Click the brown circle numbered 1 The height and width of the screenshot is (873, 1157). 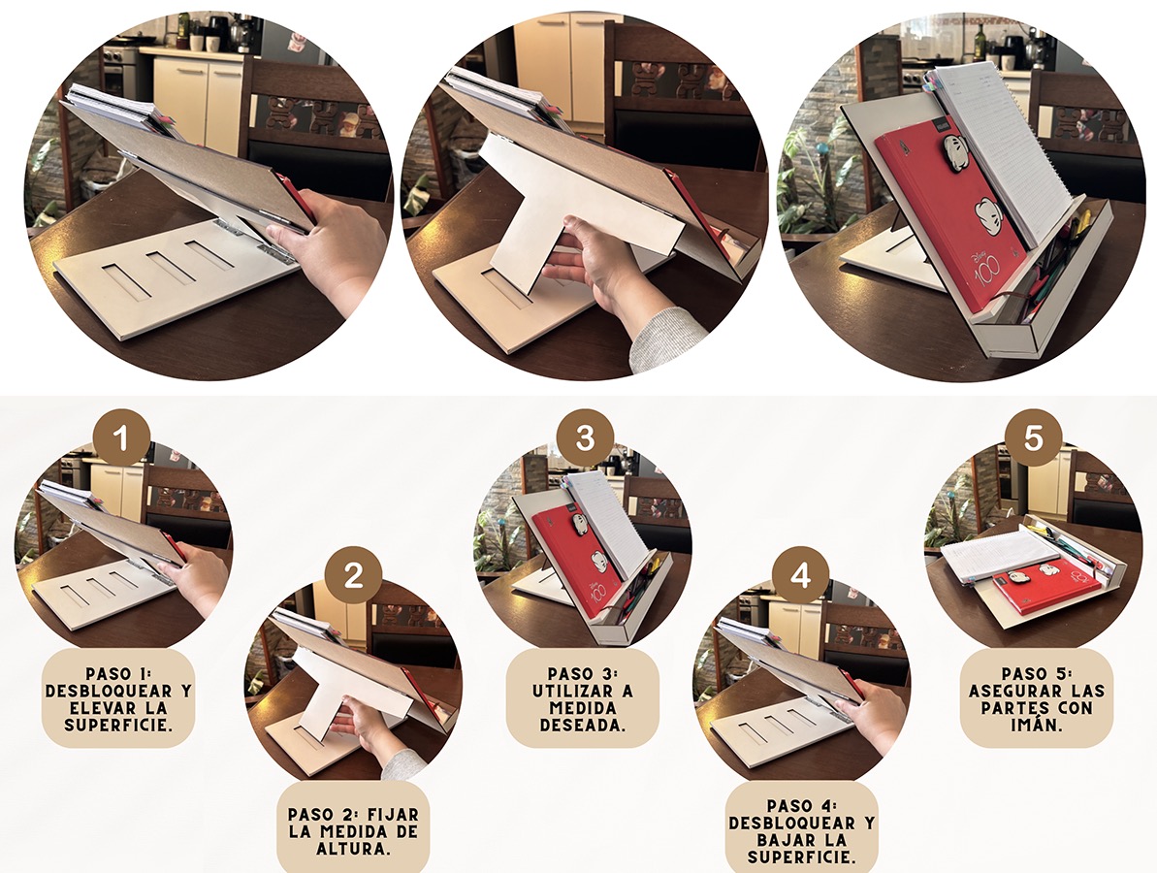[x=121, y=437]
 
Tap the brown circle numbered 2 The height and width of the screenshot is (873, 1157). [x=353, y=573]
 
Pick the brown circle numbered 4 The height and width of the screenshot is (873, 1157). [x=800, y=573]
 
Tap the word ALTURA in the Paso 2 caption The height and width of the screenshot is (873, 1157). [x=353, y=849]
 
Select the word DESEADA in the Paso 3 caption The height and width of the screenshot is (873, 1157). [x=582, y=725]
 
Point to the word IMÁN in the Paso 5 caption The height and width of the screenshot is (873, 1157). [x=1036, y=725]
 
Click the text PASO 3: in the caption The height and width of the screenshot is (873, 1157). [x=582, y=674]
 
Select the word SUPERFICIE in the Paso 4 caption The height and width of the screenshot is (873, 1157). [x=801, y=857]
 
